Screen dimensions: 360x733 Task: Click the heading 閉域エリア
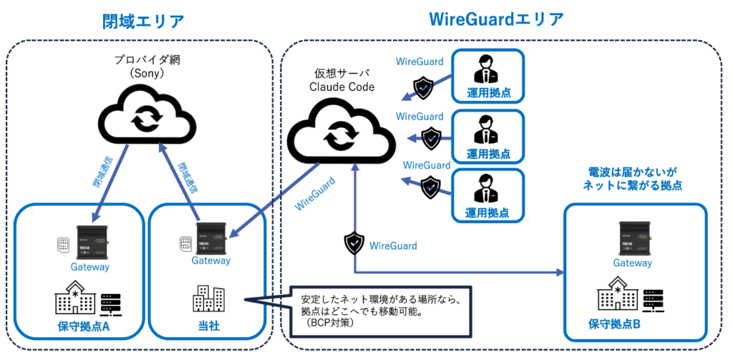coord(142,21)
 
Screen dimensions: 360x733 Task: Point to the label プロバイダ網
coord(145,59)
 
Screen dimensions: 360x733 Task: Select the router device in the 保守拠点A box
coord(90,243)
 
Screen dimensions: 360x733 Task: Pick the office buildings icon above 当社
coord(209,300)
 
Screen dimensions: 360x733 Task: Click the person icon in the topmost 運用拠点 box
coord(487,71)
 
